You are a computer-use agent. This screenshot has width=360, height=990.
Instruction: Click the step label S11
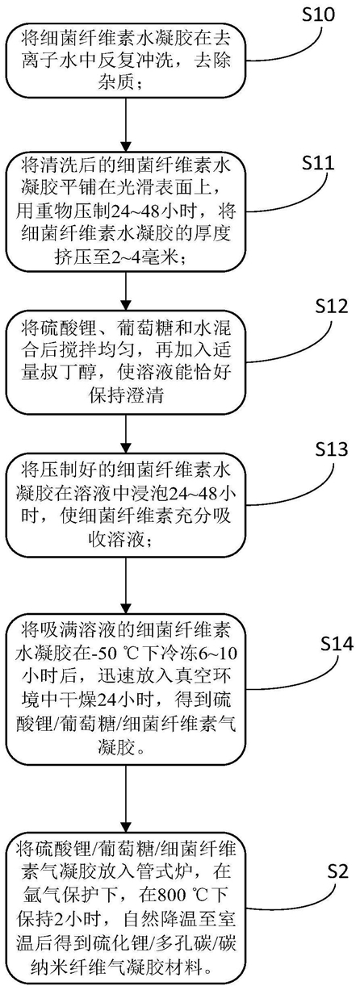318,164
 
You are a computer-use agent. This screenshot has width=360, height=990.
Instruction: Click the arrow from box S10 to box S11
127,124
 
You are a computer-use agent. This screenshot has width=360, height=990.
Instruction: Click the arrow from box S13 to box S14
127,585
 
